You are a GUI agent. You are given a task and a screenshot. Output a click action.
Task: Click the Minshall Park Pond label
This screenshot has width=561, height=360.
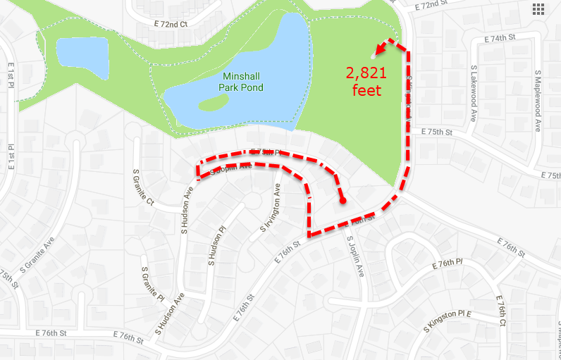[x=242, y=81]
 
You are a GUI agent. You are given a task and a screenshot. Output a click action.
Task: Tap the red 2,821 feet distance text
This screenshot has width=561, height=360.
[x=365, y=80]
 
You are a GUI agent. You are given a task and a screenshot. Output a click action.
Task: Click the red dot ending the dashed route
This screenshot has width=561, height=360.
[x=343, y=201]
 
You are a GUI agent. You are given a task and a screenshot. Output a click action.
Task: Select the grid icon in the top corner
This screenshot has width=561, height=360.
[x=538, y=8]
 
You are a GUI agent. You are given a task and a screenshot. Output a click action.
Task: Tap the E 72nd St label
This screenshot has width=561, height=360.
[x=432, y=6]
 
